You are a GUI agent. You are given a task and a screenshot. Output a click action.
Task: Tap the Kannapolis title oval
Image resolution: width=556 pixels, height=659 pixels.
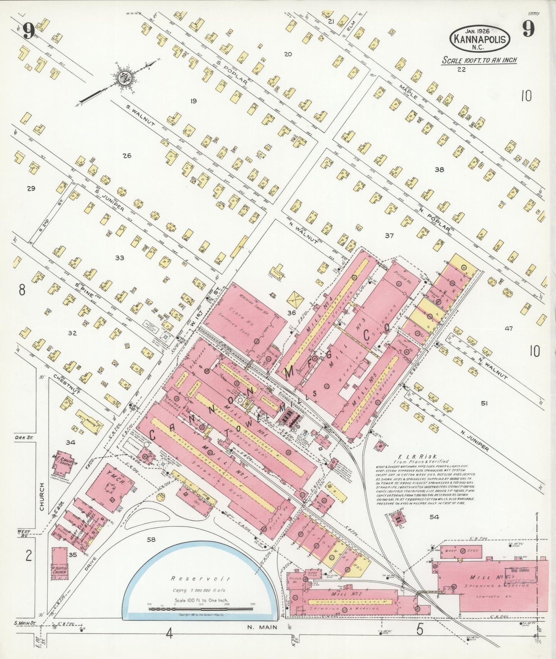pos(480,39)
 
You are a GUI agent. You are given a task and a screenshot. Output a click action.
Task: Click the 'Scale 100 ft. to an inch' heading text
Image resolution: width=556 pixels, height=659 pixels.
pos(479,60)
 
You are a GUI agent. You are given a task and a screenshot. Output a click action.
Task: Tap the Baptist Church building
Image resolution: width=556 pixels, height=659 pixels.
pos(59,561)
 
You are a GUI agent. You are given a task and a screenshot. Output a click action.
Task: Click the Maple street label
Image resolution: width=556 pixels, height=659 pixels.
pos(408,92)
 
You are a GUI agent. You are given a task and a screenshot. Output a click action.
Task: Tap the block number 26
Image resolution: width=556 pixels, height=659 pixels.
pos(127,156)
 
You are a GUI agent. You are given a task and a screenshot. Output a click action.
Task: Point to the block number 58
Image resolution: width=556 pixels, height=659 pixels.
pos(151,539)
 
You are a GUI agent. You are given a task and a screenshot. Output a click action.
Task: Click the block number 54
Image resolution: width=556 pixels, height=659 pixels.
pos(434,517)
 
